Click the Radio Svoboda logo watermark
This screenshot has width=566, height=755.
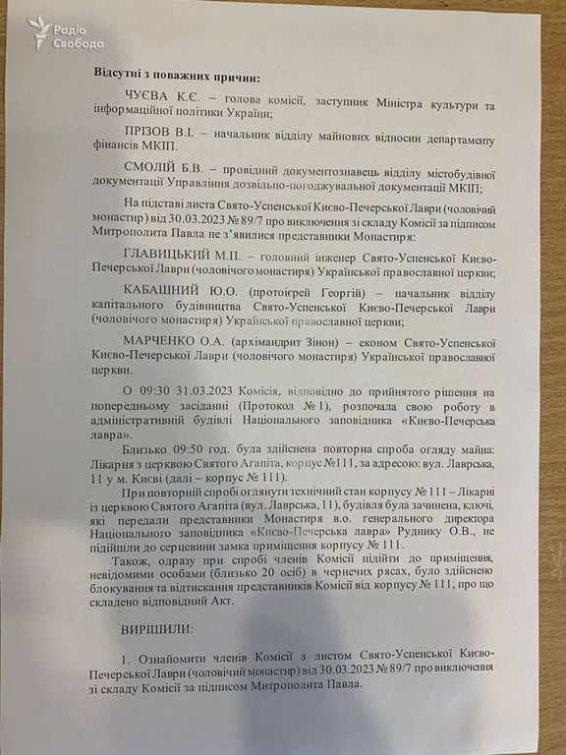click(x=67, y=35)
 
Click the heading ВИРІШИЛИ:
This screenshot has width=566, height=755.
click(x=158, y=625)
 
